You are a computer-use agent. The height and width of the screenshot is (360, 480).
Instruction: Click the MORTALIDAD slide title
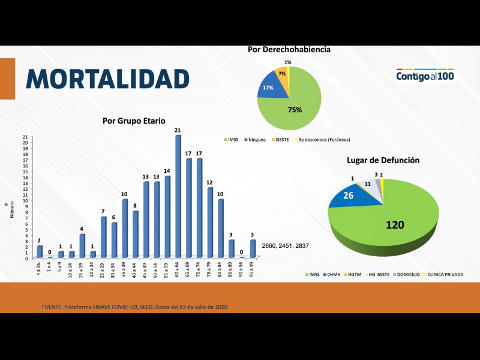tap(108, 79)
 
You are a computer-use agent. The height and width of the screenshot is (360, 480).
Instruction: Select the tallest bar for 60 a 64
tap(178, 198)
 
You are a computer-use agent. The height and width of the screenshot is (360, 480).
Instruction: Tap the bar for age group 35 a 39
tap(125, 228)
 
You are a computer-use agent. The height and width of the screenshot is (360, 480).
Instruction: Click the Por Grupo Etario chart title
tap(133, 121)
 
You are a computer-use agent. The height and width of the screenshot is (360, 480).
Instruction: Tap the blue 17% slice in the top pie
tap(268, 89)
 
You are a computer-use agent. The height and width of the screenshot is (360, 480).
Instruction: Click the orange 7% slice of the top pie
tap(281, 74)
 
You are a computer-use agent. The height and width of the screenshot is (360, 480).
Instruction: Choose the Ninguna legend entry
tap(256, 139)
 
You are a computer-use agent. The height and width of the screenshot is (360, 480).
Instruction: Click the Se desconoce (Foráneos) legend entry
tap(323, 139)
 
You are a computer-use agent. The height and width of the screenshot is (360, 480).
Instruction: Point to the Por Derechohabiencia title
tap(289, 49)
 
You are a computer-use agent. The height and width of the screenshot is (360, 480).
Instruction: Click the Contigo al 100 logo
tap(425, 76)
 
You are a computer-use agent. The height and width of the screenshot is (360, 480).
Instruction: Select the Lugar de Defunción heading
tap(383, 160)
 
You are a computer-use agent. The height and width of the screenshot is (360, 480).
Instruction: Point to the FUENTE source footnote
tap(135, 307)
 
